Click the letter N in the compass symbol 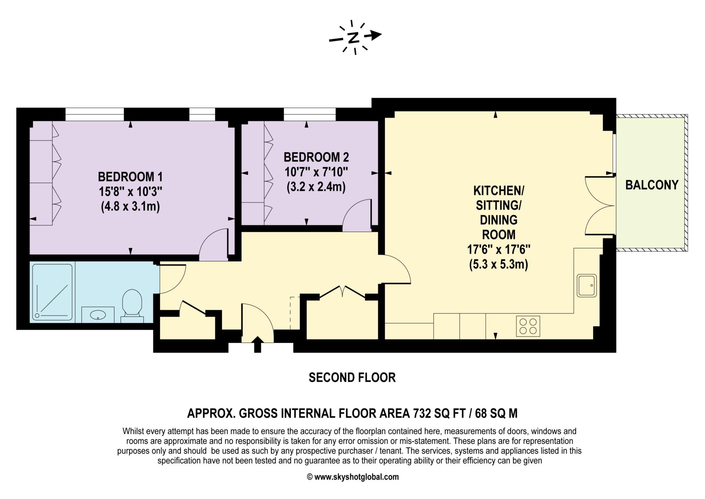tap(353, 38)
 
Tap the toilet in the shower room tap(132, 303)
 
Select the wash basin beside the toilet tap(98, 314)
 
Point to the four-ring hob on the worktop tap(528, 326)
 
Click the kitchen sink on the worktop tap(587, 285)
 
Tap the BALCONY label tap(652, 185)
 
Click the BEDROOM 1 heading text tap(130, 177)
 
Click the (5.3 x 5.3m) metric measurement tap(498, 264)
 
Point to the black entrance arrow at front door tap(257, 344)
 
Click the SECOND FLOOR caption tap(352, 378)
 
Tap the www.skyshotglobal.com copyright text tap(352, 477)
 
